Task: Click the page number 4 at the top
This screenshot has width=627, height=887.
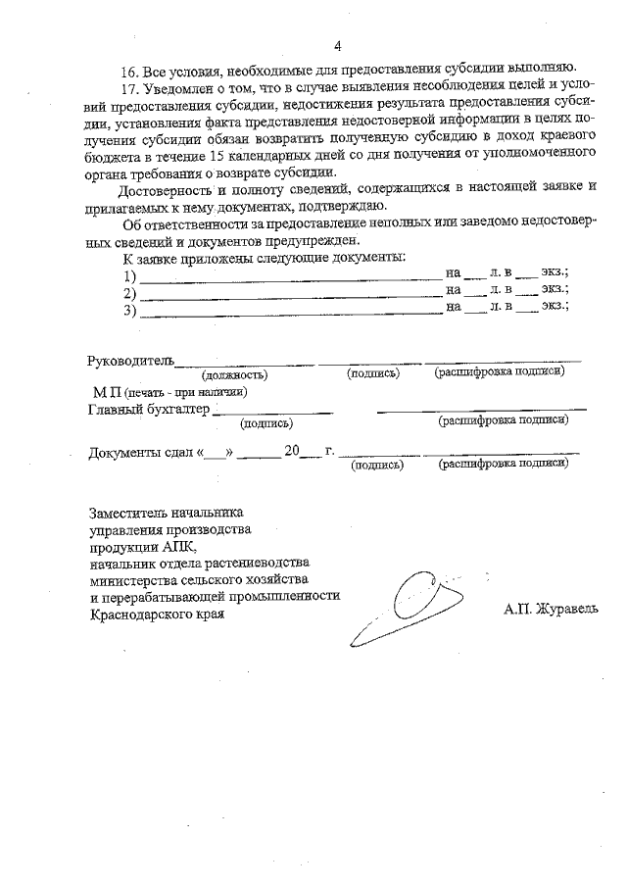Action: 337,46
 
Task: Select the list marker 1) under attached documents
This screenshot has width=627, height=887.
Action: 129,276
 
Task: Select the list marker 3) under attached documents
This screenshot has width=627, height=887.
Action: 129,311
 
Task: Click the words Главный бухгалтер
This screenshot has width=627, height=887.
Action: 149,410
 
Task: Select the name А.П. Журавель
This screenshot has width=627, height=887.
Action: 551,609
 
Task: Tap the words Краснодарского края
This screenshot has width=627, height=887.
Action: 157,615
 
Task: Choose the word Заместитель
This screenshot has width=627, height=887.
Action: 128,512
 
